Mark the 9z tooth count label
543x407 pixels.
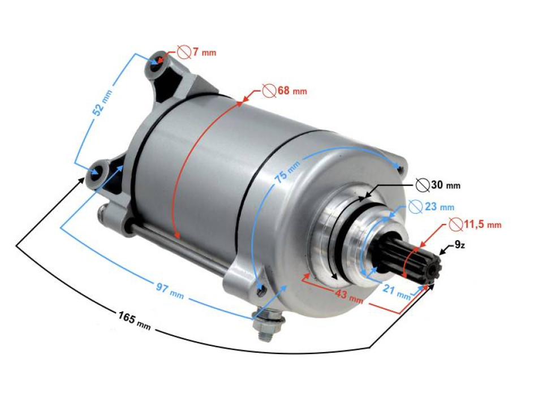pos(460,246)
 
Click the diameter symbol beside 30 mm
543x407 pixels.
pos(422,184)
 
